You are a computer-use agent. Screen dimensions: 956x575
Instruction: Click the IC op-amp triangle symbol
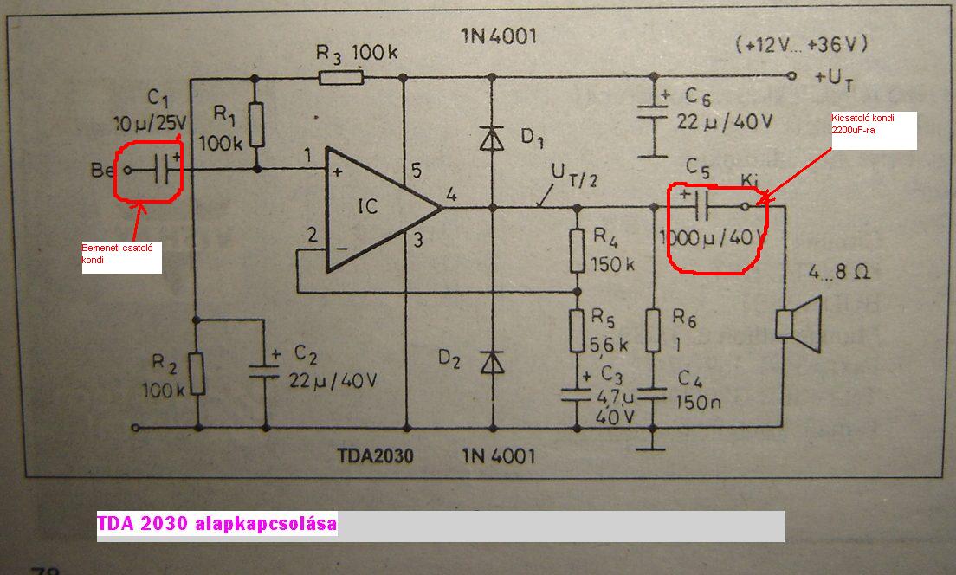coord(377,208)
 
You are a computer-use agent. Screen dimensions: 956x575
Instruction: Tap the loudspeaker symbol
coord(796,322)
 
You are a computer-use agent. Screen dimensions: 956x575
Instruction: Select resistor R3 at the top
coord(341,78)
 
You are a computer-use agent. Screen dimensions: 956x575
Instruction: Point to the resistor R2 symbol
coord(197,373)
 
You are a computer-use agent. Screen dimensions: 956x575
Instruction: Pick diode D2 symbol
coord(492,362)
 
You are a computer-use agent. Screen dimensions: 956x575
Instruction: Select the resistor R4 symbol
coord(575,251)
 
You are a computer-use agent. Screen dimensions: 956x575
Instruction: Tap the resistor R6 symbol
coord(656,330)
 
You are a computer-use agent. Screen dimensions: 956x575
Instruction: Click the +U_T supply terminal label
coord(835,77)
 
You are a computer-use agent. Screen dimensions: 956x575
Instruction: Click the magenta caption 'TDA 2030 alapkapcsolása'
coord(217,525)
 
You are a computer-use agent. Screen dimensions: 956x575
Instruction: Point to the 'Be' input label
coord(103,171)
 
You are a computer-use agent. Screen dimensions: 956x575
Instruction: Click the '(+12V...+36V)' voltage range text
coord(801,43)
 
